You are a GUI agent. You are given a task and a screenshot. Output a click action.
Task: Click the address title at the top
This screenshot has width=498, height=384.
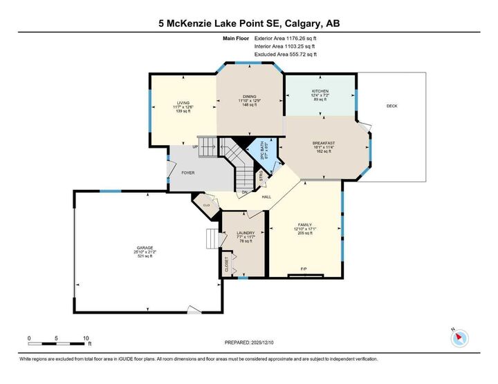click(x=249, y=24)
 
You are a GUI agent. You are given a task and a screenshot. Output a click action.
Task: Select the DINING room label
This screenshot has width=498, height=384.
click(x=250, y=97)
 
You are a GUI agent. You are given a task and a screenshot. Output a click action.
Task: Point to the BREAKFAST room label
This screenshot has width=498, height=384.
click(x=323, y=142)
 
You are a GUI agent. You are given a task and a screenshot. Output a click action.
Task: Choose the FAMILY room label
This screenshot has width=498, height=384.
click(x=304, y=225)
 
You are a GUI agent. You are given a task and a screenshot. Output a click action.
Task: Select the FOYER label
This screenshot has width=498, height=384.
click(x=187, y=173)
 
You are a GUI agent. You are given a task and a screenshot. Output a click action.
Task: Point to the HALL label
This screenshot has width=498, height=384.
click(x=266, y=197)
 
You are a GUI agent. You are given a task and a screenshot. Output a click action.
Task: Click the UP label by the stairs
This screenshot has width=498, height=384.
click(x=195, y=146)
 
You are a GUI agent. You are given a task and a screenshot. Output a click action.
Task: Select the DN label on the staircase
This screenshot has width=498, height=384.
click(x=245, y=193)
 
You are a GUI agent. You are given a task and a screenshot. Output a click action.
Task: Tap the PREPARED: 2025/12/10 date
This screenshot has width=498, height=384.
click(x=249, y=343)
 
